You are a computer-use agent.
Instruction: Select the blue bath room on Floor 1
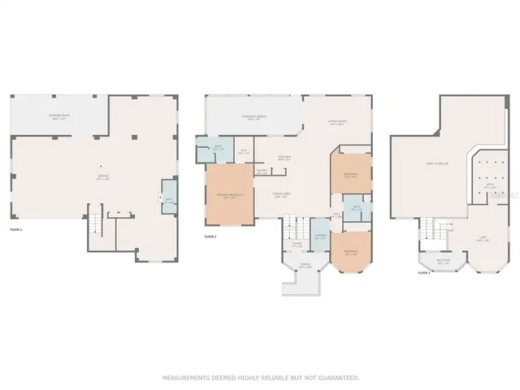tap(169, 201)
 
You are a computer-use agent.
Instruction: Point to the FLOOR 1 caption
tap(16, 230)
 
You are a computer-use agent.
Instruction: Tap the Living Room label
tap(337, 123)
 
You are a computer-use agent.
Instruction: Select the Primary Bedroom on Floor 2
tap(229, 195)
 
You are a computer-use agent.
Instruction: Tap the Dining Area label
tap(282, 195)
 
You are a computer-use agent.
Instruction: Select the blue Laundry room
tap(320, 238)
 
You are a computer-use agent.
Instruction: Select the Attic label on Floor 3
tap(489, 187)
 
